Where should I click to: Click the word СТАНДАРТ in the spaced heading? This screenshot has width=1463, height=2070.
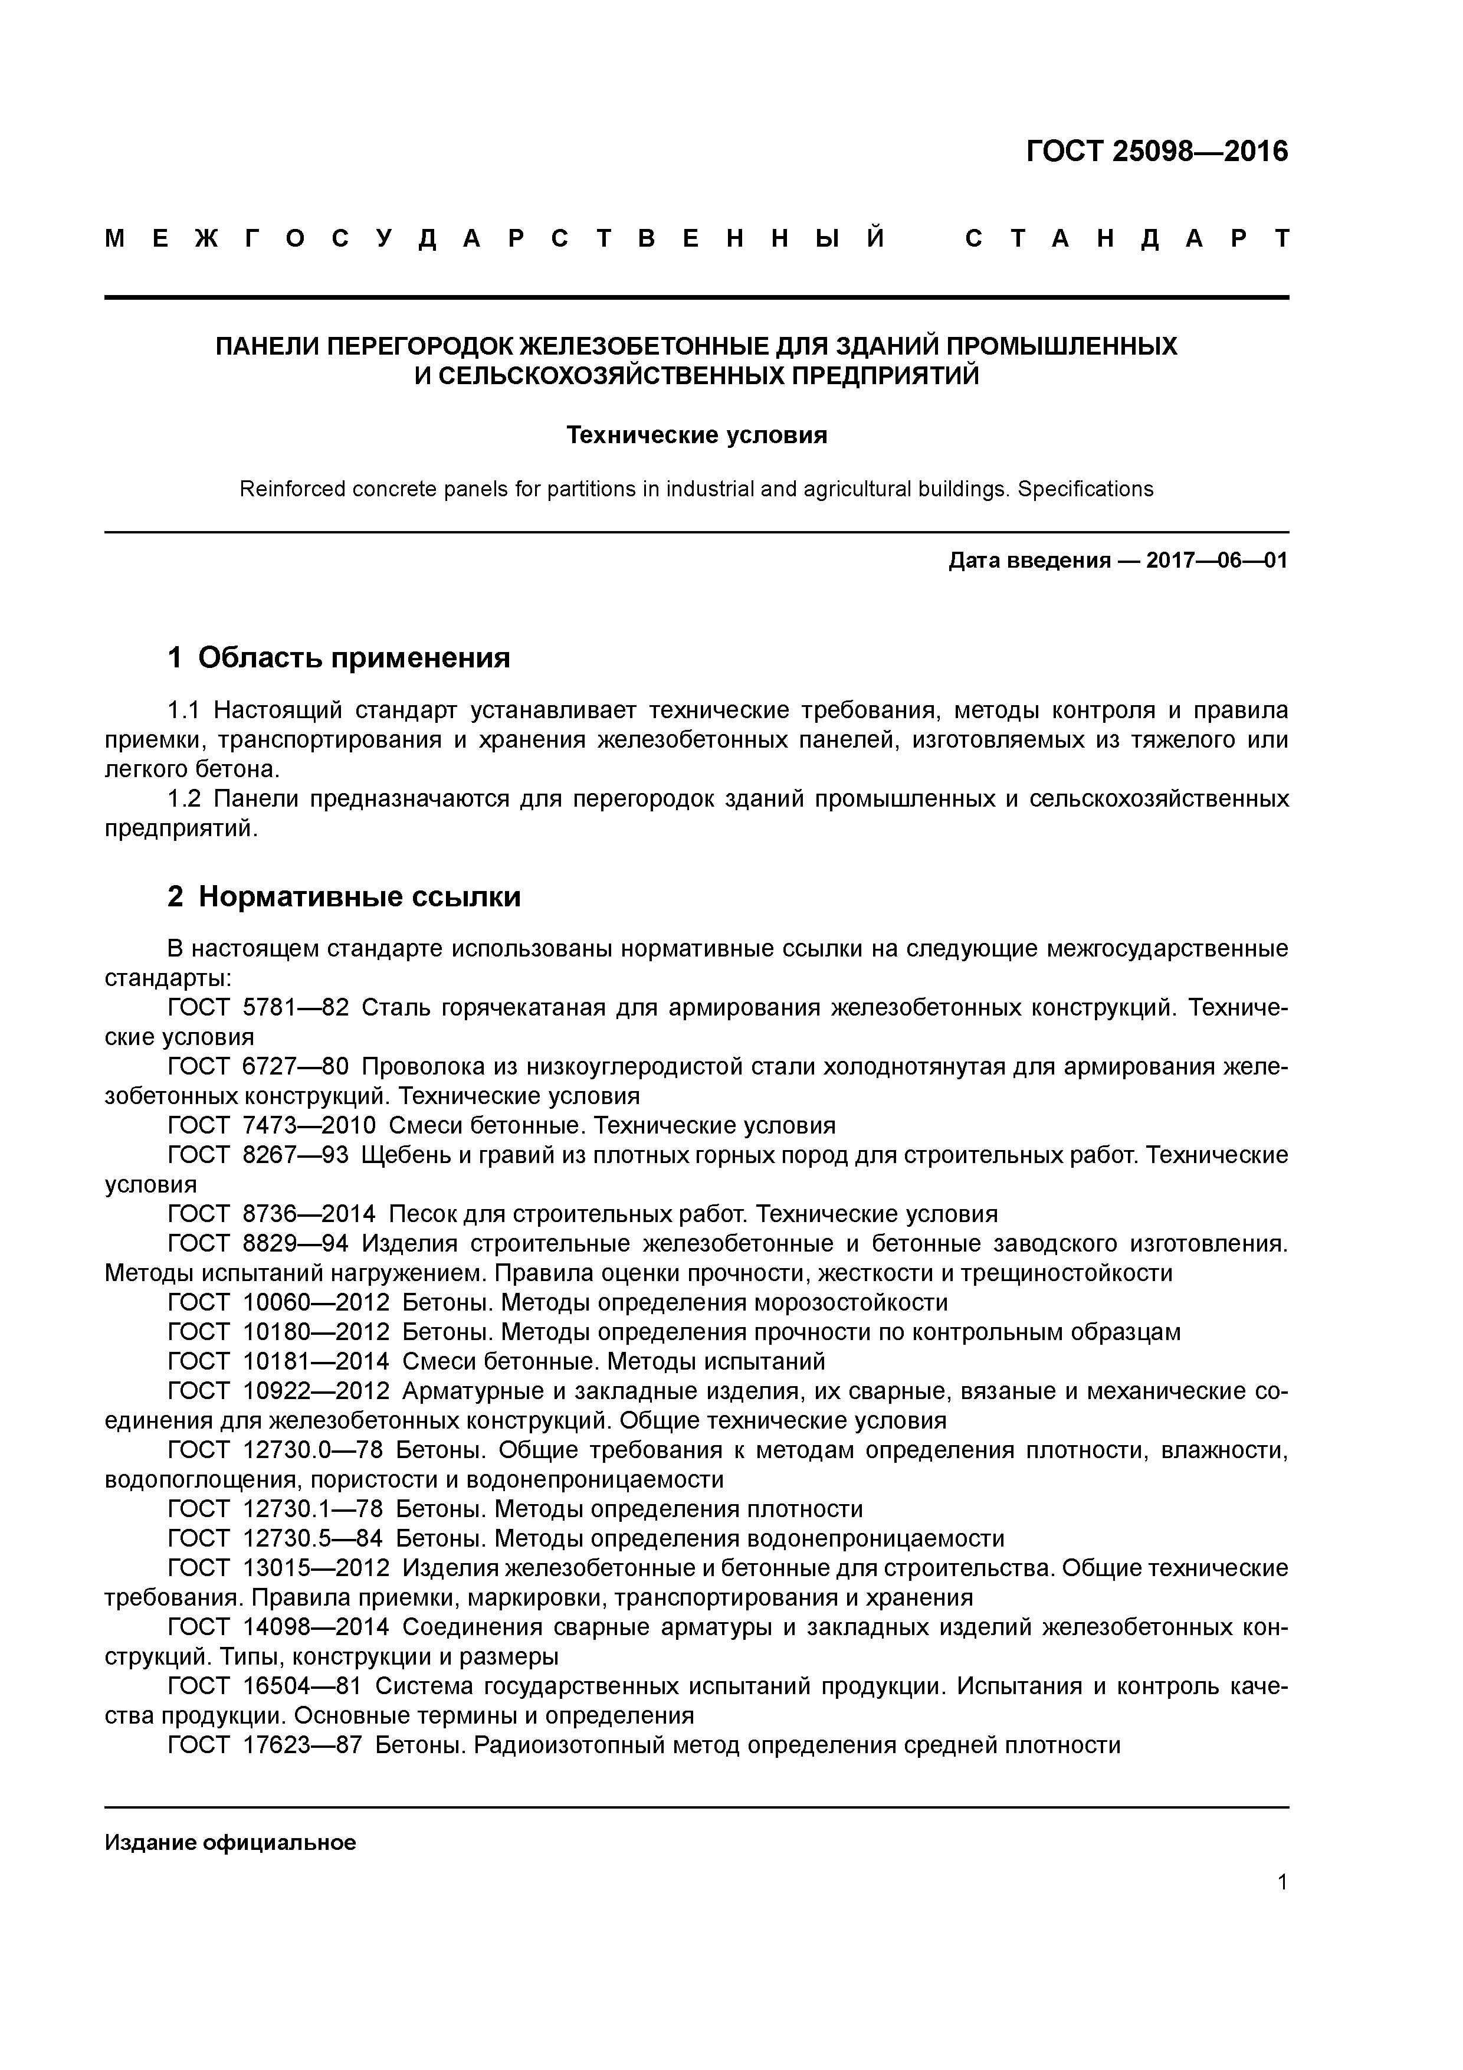[1126, 239]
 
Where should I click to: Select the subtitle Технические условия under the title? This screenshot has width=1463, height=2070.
[696, 435]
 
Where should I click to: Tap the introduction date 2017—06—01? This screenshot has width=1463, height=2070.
[1216, 561]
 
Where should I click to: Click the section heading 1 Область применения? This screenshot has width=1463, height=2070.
[339, 657]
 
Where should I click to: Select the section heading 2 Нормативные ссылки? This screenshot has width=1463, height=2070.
[345, 896]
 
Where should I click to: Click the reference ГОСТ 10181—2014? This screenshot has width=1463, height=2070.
[278, 1361]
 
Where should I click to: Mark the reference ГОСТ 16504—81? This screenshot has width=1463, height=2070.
[265, 1685]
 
